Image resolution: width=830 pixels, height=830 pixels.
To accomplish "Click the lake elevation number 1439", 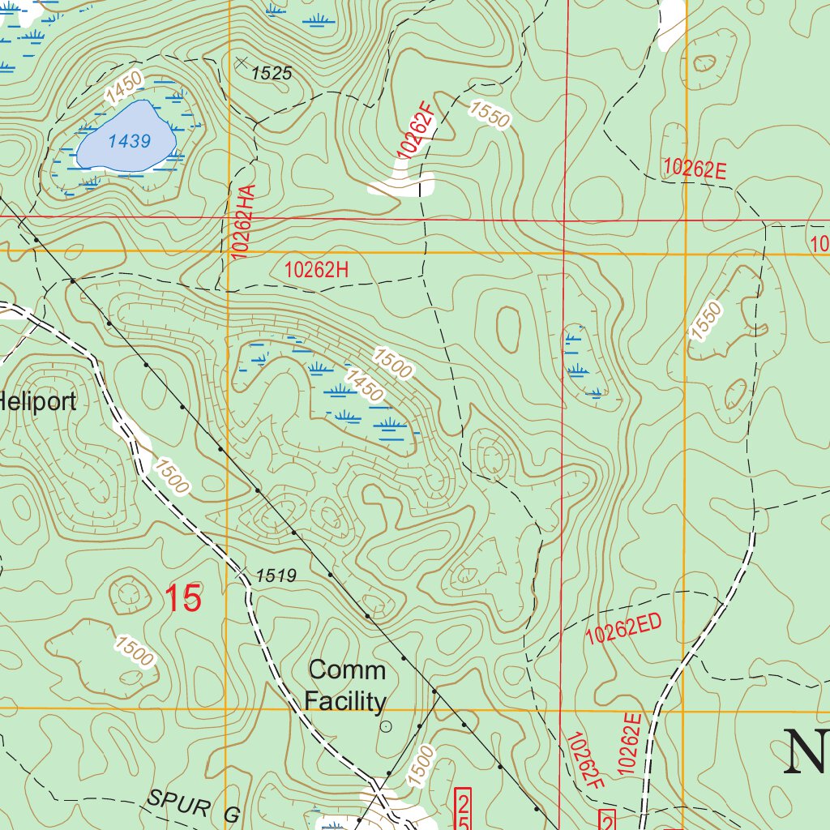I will pyautogui.click(x=130, y=141).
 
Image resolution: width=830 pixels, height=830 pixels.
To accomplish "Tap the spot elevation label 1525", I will pyautogui.click(x=271, y=74).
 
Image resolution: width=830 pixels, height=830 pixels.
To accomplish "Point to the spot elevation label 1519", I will pyautogui.click(x=276, y=576).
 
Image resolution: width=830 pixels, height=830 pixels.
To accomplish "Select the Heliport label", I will pyautogui.click(x=37, y=400).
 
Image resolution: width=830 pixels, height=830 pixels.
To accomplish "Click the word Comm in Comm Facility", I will pyautogui.click(x=347, y=670).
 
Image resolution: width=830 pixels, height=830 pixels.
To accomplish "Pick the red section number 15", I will pyautogui.click(x=183, y=598).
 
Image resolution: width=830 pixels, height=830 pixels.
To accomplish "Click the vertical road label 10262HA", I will pyautogui.click(x=246, y=221).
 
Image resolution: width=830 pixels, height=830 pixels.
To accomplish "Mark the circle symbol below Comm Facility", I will pyautogui.click(x=386, y=727).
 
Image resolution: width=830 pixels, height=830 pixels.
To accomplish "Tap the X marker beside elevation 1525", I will pyautogui.click(x=240, y=62).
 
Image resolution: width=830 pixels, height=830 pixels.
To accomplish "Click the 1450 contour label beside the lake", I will pyautogui.click(x=124, y=88).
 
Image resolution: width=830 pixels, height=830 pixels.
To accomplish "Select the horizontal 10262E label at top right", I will pyautogui.click(x=694, y=169).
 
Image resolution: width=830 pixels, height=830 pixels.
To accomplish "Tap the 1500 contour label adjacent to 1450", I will pyautogui.click(x=394, y=362).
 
